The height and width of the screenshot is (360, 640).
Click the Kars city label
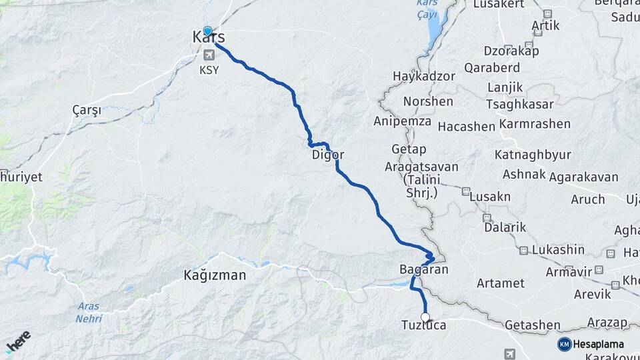pos(208,39)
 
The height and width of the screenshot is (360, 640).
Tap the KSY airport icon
pos(209,54)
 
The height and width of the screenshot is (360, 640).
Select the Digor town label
pos(328,155)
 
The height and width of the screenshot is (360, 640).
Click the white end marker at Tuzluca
pos(425,317)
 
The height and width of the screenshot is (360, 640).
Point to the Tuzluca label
pos(423,325)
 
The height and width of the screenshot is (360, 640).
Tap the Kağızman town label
pos(215,275)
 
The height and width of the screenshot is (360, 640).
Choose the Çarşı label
pos(87,111)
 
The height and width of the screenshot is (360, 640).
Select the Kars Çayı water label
pos(426,7)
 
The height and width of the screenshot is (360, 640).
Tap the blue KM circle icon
pos(564,344)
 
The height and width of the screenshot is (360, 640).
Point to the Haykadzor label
pos(424,76)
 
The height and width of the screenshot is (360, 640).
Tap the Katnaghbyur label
pos(533,155)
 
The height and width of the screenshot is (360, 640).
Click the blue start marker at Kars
pos(207,31)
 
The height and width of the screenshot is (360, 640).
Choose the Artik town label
pos(545,25)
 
